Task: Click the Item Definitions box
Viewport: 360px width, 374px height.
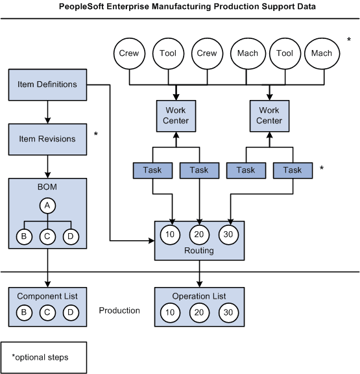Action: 47,84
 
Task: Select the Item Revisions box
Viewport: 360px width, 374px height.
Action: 47,139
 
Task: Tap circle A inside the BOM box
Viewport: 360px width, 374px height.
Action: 47,206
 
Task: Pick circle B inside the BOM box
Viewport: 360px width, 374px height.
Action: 23,236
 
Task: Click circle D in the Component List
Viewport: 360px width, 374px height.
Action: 69,312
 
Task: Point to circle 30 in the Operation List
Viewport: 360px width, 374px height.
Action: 227,312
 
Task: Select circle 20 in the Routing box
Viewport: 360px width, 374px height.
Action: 199,234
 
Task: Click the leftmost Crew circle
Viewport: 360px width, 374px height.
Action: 129,53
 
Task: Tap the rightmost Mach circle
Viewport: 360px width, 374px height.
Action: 321,53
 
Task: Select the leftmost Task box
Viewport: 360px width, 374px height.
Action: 152,170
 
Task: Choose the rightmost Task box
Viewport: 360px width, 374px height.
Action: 293,170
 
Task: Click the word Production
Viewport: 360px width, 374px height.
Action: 119,310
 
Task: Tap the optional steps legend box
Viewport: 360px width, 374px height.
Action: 44,357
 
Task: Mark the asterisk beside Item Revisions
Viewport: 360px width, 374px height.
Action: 96,134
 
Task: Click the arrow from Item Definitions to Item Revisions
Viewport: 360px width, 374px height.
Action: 47,112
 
